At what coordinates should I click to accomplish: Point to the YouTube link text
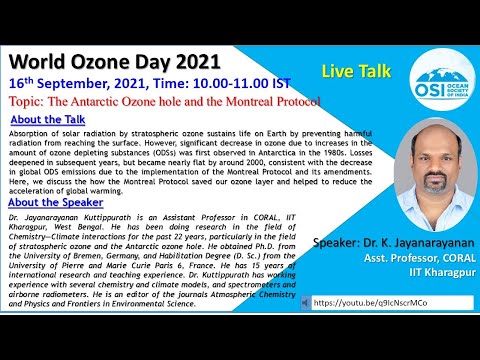tap(369, 301)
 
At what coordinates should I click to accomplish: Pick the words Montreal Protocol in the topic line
tap(272, 102)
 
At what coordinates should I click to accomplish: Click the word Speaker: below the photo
tap(339, 243)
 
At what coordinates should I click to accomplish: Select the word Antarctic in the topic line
tap(122, 102)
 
